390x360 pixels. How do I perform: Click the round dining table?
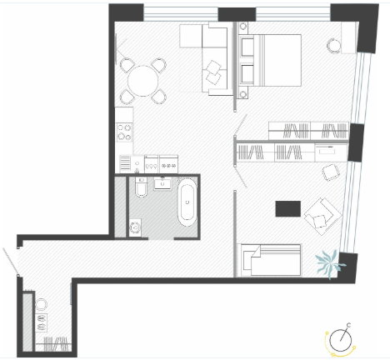[143, 81]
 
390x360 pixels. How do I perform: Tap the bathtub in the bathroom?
[187, 202]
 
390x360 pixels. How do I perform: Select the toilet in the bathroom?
[142, 187]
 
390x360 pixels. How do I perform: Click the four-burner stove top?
[124, 132]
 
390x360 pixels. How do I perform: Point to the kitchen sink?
[137, 164]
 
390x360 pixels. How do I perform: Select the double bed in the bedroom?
[270, 60]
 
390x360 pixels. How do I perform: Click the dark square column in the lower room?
[288, 209]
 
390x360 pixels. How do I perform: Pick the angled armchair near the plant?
[322, 216]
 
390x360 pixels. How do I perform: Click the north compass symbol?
[341, 340]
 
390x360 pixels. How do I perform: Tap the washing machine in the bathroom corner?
[135, 227]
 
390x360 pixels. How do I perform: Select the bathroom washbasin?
[162, 183]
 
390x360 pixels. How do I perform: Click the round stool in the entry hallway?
[41, 304]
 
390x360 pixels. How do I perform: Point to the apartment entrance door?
[11, 261]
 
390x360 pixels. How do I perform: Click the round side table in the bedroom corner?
[334, 45]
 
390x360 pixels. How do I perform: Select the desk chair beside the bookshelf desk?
[331, 172]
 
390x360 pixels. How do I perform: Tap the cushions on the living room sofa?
[213, 72]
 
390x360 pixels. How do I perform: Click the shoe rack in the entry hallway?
[42, 322]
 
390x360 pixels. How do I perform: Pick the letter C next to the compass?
[349, 325]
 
